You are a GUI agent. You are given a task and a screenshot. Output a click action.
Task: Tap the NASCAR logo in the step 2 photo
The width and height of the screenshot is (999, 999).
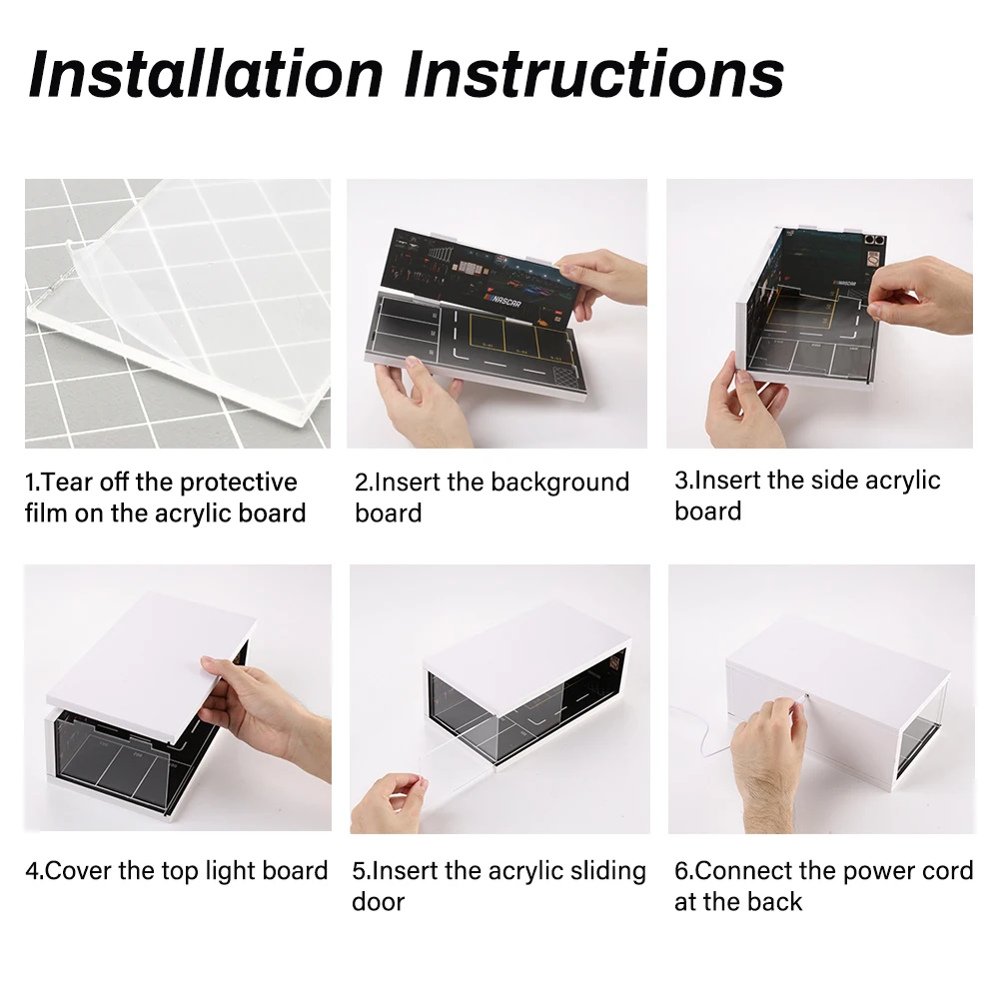503,300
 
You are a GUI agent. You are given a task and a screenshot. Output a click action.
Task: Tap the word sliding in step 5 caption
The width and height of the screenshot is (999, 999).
607,871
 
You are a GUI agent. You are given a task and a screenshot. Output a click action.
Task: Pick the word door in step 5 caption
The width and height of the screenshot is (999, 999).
379,902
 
